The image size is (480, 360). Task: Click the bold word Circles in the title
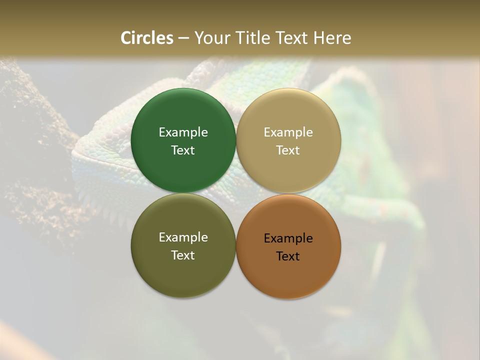click(x=147, y=38)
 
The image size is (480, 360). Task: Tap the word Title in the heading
click(x=251, y=38)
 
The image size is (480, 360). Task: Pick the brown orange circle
click(x=288, y=272)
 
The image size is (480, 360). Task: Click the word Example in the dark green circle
click(x=183, y=132)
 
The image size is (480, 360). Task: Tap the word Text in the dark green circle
click(x=183, y=150)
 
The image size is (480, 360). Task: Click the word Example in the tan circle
click(x=288, y=132)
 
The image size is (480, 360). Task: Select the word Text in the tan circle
click(x=288, y=150)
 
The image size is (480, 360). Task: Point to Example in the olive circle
click(x=183, y=237)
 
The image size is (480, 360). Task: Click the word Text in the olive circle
click(x=183, y=255)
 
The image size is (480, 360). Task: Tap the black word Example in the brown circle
click(x=288, y=238)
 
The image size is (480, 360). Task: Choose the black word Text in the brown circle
click(x=288, y=256)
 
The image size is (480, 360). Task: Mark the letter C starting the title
click(x=126, y=38)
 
